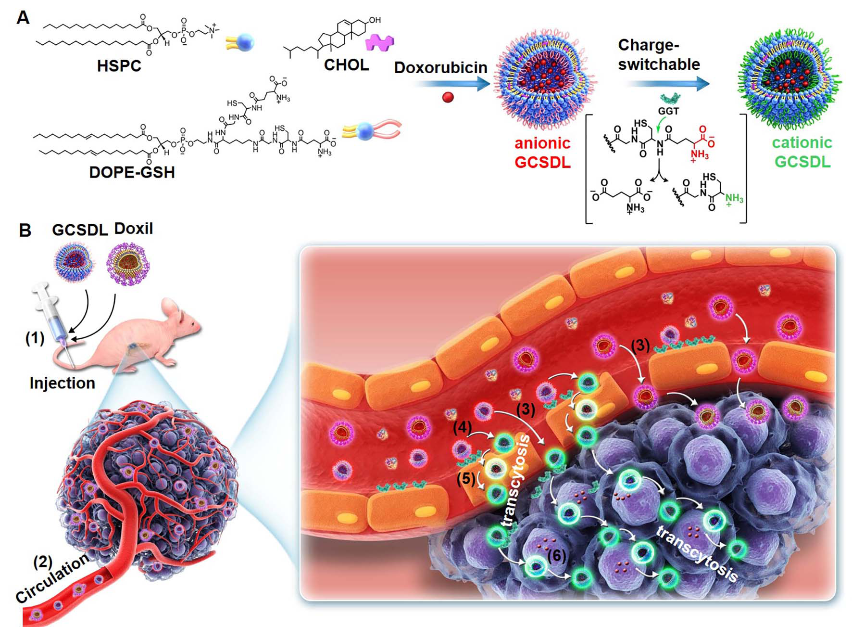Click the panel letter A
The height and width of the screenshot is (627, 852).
coord(23,18)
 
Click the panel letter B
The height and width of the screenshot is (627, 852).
coord(25,230)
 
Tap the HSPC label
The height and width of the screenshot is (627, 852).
coord(119,65)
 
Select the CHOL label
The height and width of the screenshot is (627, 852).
coord(346,65)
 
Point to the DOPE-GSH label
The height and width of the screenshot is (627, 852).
coord(132,172)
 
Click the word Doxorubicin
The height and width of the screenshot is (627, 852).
coord(440,67)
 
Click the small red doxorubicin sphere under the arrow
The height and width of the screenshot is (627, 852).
coord(448,97)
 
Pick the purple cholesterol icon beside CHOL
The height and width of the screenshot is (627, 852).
coord(379,42)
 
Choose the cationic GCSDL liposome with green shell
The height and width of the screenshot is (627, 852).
coord(789,79)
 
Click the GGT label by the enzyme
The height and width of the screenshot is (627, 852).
coord(668,111)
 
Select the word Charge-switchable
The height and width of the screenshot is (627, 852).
coord(659,54)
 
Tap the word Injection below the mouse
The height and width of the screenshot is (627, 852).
coord(63,383)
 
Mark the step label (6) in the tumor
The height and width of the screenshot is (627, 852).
coord(556,556)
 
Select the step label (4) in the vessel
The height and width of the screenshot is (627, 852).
coord(462,427)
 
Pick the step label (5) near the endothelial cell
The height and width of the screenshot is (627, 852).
coord(466,478)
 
